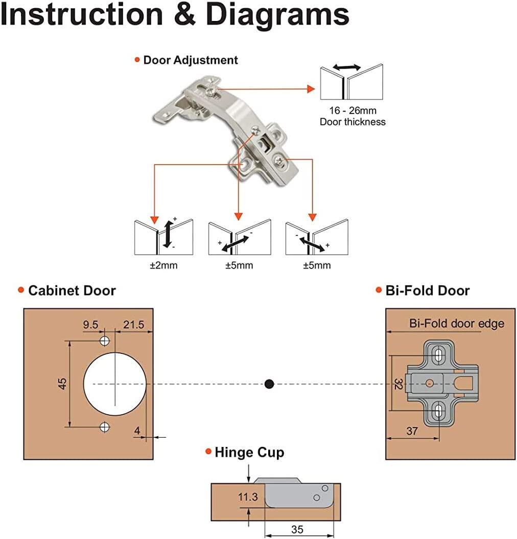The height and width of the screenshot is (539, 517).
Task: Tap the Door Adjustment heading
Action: point(190,60)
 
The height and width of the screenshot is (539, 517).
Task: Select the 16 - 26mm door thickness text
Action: point(353,110)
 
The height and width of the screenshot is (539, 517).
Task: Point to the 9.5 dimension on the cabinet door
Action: point(91,324)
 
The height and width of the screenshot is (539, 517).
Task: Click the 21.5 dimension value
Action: point(132,324)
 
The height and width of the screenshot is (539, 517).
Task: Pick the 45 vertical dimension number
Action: point(62,384)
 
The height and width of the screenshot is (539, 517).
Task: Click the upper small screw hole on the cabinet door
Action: point(105,341)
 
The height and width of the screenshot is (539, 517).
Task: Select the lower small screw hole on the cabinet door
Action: point(105,426)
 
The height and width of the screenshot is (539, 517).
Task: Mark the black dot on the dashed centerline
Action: point(269,384)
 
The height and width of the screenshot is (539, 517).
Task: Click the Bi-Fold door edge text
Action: point(456,324)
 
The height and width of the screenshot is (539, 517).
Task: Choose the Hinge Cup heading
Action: point(249,452)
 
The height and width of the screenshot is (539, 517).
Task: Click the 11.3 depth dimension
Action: point(247,497)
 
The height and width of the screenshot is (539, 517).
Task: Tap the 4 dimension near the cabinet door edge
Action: point(137,431)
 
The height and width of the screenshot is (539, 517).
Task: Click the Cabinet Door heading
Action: point(72,290)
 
